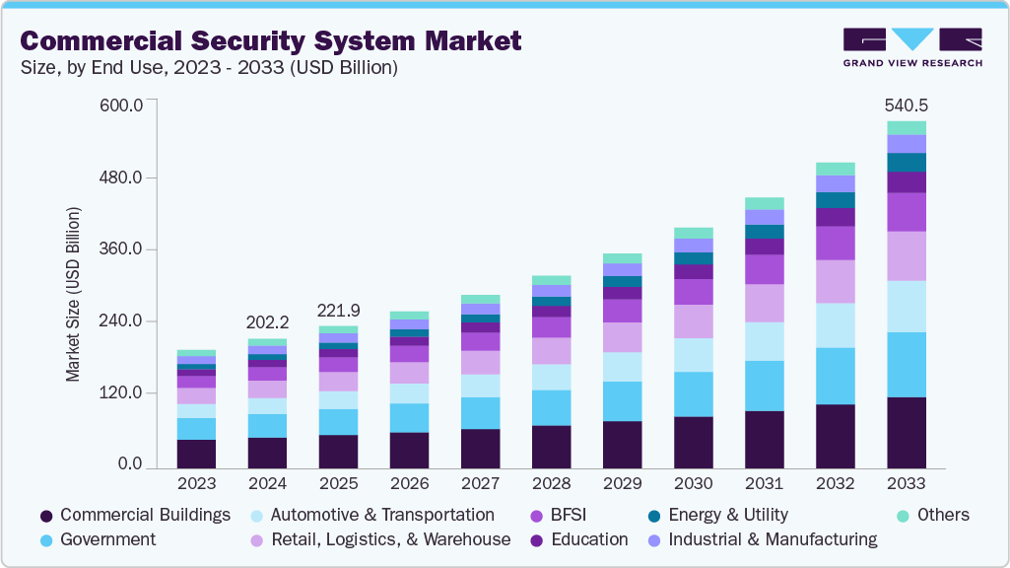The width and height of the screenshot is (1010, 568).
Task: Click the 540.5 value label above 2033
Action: tap(907, 105)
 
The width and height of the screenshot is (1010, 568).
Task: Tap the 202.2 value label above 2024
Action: tap(267, 321)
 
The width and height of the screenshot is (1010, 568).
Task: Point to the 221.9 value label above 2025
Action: tap(338, 310)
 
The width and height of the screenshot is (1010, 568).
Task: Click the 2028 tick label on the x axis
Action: tap(551, 484)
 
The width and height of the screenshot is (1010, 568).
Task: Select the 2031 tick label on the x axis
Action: tap(764, 484)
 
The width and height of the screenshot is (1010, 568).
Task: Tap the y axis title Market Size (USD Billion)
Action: tap(73, 295)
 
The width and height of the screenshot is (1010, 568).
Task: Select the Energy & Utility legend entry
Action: tap(727, 515)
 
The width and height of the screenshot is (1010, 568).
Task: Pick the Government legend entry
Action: tap(107, 539)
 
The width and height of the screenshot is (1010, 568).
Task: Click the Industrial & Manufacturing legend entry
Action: tap(772, 539)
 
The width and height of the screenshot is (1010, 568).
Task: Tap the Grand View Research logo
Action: tap(911, 46)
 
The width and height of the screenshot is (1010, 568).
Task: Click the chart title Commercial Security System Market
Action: tap(271, 40)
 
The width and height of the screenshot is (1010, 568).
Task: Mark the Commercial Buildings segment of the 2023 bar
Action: tap(196, 453)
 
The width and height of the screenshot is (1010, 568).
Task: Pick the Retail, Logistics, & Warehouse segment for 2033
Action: tap(907, 256)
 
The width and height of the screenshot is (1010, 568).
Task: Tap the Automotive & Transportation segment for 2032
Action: tap(836, 325)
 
